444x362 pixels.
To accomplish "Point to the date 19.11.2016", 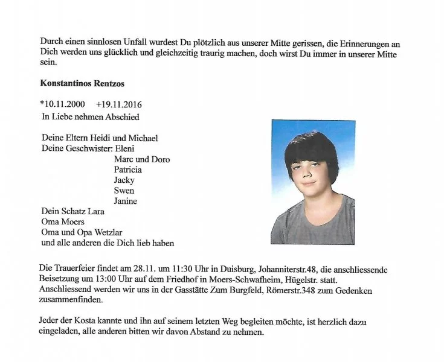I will pos(119,104).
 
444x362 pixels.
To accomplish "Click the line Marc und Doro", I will pos(142,159).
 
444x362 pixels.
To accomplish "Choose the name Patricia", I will pos(128,170).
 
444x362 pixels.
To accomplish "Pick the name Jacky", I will pos(124,180).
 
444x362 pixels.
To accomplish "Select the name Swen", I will pos(124,191).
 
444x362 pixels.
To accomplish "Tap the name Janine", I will pos(126,201).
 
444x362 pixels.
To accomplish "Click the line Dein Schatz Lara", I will pos(72,212).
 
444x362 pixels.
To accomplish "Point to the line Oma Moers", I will pos(63,222).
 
